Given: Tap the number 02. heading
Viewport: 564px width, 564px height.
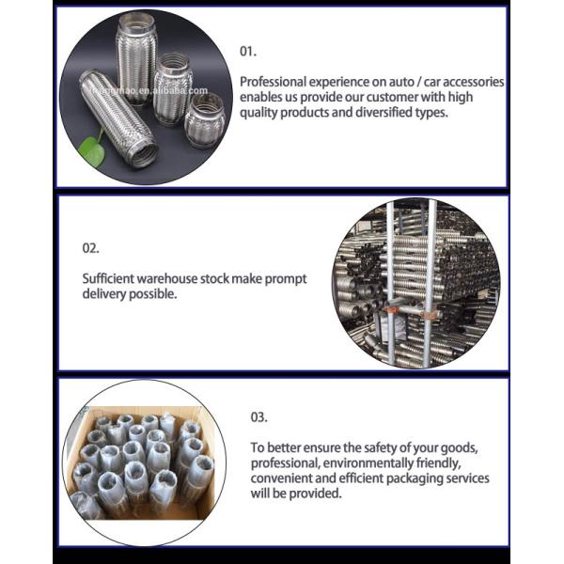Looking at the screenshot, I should tap(89, 248).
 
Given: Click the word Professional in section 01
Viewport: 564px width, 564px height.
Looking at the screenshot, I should tap(274, 82).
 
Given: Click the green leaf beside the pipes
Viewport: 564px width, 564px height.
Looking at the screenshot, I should tap(92, 149).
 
